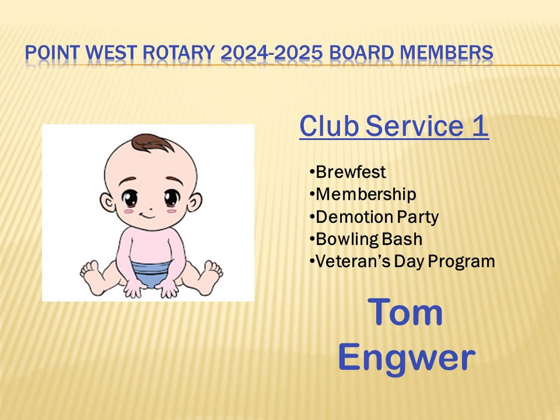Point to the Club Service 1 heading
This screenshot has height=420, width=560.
394,126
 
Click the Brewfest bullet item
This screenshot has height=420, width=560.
348,172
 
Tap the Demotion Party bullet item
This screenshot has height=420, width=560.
374,217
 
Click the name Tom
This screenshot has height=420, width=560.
405,312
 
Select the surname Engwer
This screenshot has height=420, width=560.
407,358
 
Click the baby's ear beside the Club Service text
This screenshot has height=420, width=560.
195,202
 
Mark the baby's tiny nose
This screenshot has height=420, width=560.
151,209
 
